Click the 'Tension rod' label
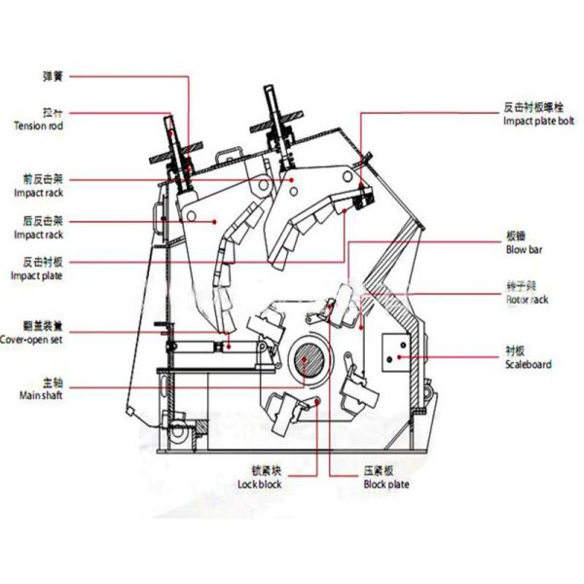38,126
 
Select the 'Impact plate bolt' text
539,121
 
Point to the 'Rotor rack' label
527,300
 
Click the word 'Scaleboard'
529,364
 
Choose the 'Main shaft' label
40,396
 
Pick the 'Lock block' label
260,484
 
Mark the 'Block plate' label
387,484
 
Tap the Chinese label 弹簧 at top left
54,75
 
